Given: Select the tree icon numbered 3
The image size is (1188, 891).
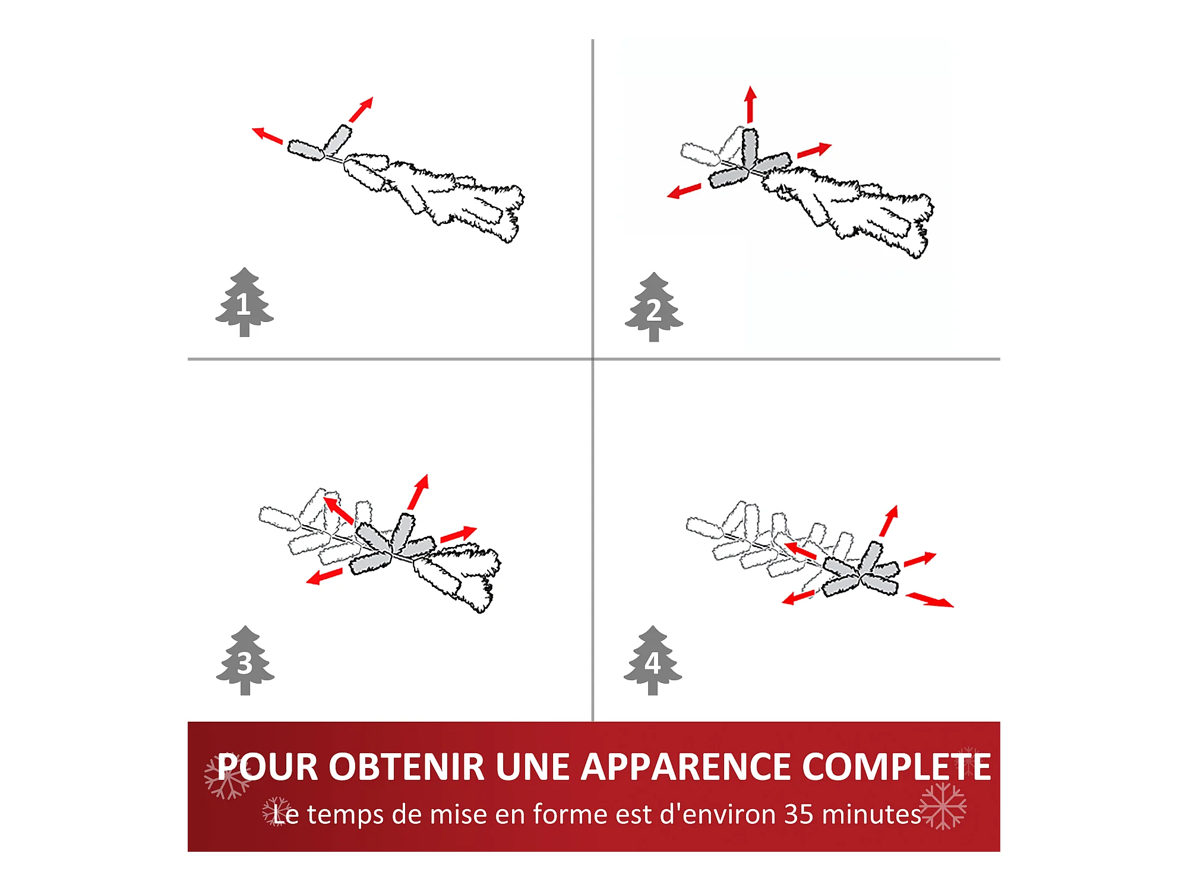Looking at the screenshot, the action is pos(245,660).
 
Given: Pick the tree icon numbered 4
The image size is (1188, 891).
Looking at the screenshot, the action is pos(653,660).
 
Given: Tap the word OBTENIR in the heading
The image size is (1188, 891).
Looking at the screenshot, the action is pos(407,767).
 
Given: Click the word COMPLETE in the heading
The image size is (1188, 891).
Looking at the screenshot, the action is pos(896,767).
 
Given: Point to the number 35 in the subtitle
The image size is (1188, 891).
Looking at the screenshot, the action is pos(799,814).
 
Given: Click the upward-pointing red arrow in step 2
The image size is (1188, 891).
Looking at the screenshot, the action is pos(750,105).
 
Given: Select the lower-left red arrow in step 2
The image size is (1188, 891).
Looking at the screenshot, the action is pos(684,191).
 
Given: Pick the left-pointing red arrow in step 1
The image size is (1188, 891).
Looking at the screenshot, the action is pos(267,135).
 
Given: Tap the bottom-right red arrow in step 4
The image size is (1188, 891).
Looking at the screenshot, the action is pos(930,600).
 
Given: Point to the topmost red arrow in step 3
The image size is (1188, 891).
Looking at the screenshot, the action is pos(418,492).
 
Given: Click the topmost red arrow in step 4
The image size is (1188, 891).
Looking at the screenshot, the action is pos(889,521).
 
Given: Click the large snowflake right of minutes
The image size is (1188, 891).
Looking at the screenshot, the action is pos(943,806).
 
